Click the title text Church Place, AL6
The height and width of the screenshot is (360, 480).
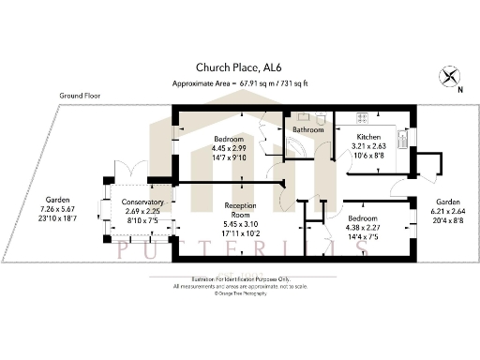[x=238, y=67]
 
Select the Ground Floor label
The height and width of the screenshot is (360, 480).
[x=81, y=96]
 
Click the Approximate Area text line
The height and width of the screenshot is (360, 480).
[x=240, y=83]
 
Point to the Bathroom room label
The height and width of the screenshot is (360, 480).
[x=307, y=130]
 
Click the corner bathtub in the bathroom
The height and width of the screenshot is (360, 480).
[x=303, y=153]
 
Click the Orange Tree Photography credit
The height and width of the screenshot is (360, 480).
[x=239, y=293]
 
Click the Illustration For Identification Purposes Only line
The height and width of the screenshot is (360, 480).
[x=239, y=279]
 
